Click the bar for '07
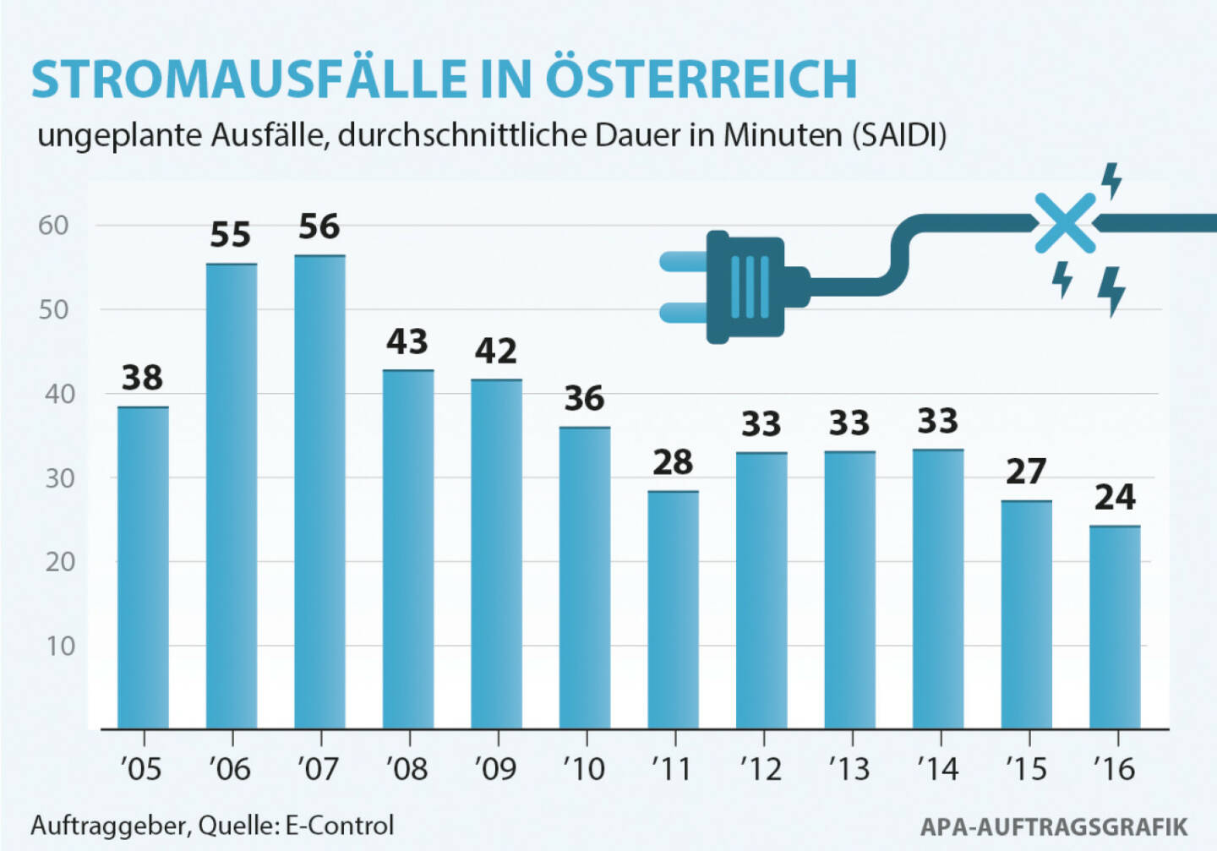319,492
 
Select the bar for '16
1115,627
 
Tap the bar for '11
674,609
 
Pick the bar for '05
143,568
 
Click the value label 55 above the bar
231,235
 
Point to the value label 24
1115,497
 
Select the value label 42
496,351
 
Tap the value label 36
585,398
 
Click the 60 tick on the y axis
53,226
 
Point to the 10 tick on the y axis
60,646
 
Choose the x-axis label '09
496,769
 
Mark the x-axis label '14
937,769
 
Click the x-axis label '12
761,769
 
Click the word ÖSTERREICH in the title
701,79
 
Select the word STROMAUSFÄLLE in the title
248,79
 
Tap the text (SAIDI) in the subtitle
898,135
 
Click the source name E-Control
340,825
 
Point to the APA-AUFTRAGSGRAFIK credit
1054,826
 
